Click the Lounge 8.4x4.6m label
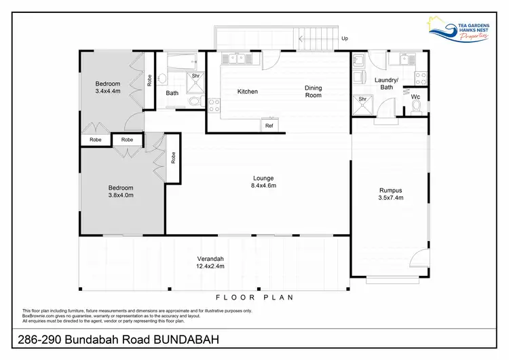tap(264, 181)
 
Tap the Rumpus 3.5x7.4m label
tap(390, 194)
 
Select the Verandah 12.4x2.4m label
tap(211, 263)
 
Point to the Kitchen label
tap(247, 92)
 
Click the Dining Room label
tap(313, 92)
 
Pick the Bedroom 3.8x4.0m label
tap(121, 192)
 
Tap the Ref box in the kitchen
tap(269, 126)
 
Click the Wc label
tap(415, 97)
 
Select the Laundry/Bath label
tap(386, 84)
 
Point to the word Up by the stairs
tap(345, 39)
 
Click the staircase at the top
tap(319, 37)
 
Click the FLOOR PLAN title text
tap(254, 297)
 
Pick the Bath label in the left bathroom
tap(172, 93)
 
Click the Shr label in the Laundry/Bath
tap(362, 99)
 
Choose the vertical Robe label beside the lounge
tap(173, 158)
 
